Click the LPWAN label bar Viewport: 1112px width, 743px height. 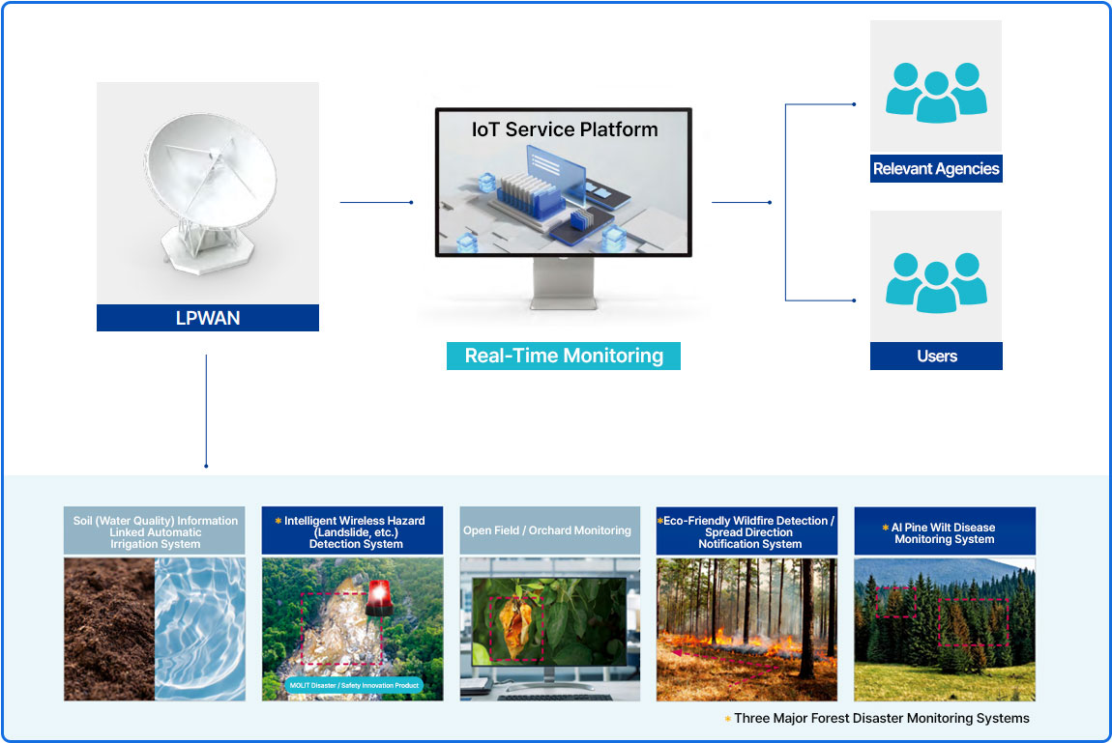coord(208,318)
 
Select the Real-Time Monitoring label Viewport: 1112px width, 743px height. coord(564,356)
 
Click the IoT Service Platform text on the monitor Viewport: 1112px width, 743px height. coord(565,129)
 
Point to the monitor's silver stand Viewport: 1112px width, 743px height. coord(564,283)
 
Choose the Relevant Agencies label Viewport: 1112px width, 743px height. coord(936,168)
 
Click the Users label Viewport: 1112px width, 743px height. coord(936,357)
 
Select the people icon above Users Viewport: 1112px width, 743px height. coord(936,282)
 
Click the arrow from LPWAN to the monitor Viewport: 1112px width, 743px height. coord(376,203)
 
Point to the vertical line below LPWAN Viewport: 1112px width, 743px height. coord(206,411)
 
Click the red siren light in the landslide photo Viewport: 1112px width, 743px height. coord(379,597)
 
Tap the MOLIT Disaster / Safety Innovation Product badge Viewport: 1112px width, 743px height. coord(354,685)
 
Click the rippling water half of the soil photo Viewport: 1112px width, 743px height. coord(200,629)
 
